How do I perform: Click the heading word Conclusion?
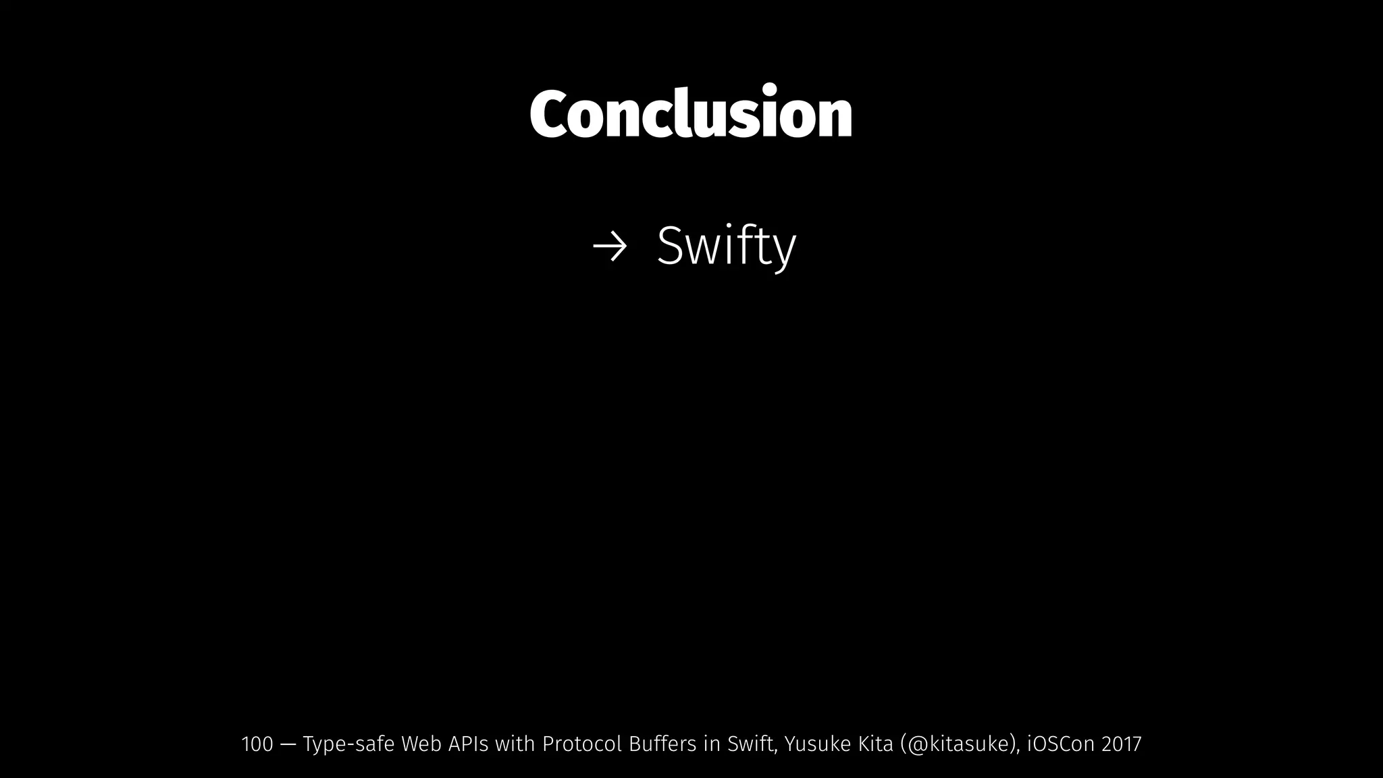click(691, 113)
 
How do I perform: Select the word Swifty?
click(726, 247)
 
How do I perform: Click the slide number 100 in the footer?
click(257, 744)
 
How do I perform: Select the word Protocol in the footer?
click(581, 744)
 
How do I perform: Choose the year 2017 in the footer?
click(1121, 744)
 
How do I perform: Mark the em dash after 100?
click(288, 745)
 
